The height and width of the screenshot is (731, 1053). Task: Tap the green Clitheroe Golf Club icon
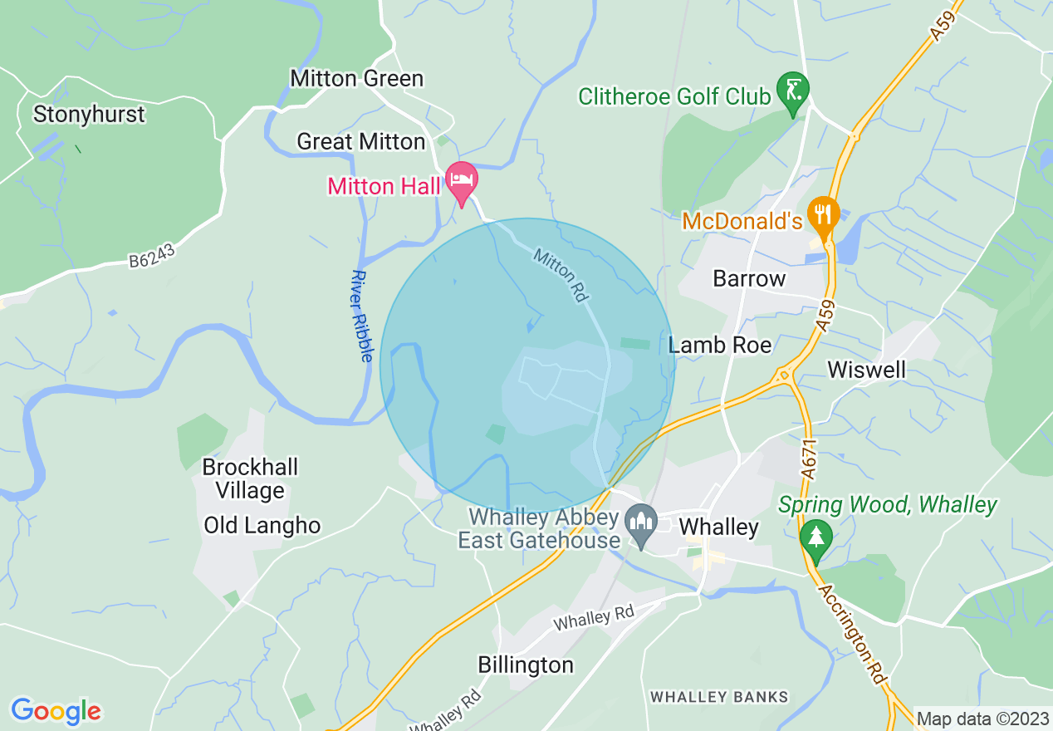coord(792,89)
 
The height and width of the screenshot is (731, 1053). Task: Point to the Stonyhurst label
coord(89,114)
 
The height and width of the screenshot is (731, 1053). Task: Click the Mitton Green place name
coord(356,78)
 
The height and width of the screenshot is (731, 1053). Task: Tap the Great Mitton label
coord(361,142)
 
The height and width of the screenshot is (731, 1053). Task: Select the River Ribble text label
coord(361,316)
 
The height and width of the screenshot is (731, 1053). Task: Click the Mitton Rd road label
coord(561,275)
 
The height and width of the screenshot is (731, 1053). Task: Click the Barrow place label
coord(749,278)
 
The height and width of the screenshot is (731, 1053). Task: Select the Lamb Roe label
coord(720,345)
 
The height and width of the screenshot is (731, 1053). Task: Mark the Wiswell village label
coord(866,370)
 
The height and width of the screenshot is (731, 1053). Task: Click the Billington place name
coord(526,665)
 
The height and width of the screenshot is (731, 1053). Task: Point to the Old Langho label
coord(262,526)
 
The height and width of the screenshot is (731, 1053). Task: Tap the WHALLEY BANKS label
coord(719,697)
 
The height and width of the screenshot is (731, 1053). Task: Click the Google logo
coord(56,711)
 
